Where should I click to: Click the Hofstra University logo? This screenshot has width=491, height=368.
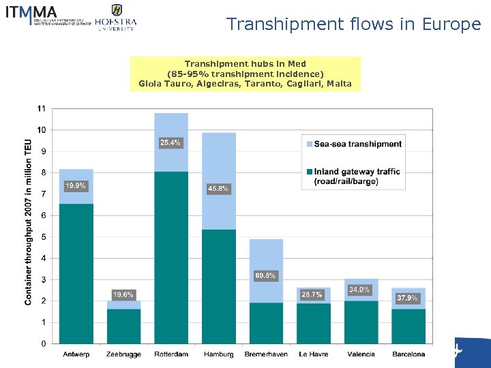(x=116, y=17)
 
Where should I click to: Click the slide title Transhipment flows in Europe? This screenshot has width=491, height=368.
(x=353, y=24)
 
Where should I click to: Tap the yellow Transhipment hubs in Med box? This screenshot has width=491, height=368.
(x=245, y=74)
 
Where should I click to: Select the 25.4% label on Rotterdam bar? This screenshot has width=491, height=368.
(x=170, y=142)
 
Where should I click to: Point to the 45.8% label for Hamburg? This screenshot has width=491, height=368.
(x=218, y=188)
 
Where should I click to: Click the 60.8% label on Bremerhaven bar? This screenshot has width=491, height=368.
(x=265, y=275)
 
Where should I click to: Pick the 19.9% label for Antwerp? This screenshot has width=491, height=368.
(x=76, y=185)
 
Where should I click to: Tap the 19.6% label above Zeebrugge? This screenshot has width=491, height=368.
(x=123, y=294)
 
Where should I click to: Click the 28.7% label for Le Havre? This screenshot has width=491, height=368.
(x=313, y=294)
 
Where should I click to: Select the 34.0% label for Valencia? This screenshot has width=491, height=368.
(x=360, y=290)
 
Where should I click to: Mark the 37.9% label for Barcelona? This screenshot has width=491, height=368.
(x=408, y=298)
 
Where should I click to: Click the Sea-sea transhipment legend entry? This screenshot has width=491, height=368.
(x=357, y=144)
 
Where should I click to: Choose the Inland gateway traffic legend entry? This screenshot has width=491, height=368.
(x=356, y=177)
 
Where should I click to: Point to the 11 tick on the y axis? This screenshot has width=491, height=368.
(x=42, y=108)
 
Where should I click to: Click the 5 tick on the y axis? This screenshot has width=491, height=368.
(x=43, y=237)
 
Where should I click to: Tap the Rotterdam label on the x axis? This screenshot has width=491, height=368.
(x=170, y=354)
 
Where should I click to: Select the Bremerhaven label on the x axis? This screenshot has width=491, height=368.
(x=265, y=354)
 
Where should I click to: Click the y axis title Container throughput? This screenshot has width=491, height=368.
(x=29, y=225)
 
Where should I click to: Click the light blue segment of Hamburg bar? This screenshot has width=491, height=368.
(x=218, y=164)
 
